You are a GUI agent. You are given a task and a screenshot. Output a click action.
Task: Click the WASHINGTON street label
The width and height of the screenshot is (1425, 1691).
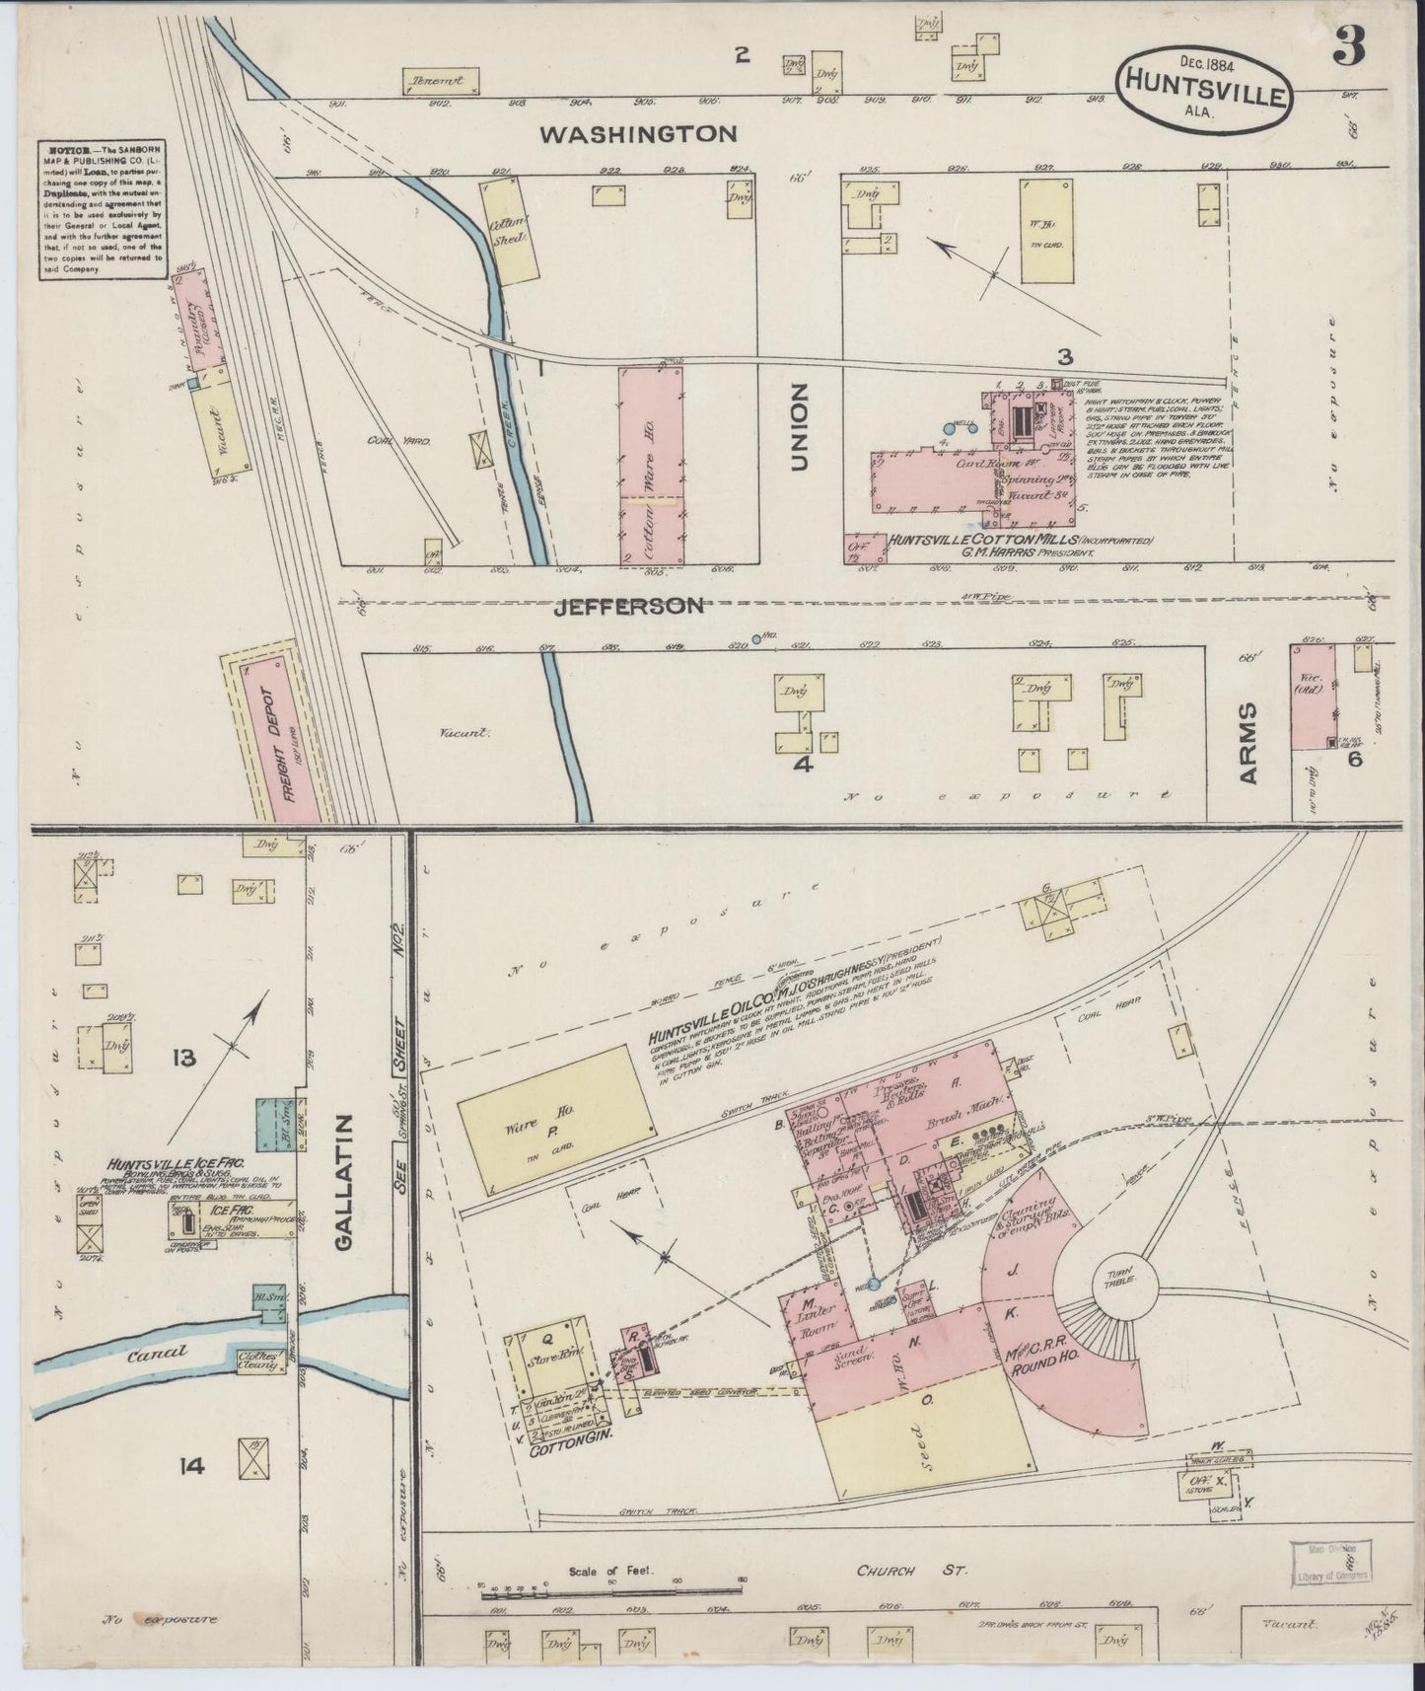coord(653,133)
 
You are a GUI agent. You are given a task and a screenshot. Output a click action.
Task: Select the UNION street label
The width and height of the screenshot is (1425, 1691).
coord(798,427)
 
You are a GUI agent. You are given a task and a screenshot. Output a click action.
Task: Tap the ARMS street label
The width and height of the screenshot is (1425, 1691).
coord(1249,743)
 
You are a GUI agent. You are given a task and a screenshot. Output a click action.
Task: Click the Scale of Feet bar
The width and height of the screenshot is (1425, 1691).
coord(611,1586)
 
